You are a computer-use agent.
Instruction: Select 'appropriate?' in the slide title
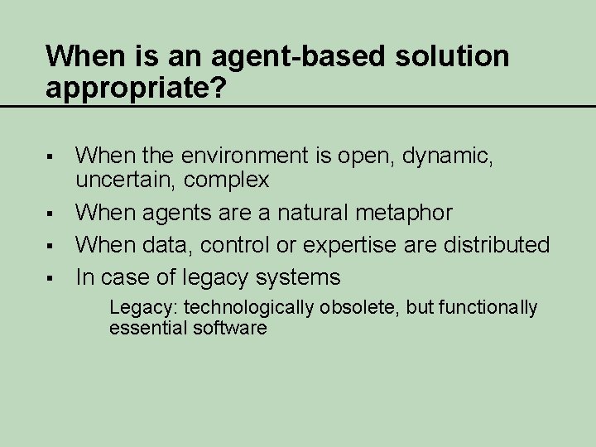(x=135, y=89)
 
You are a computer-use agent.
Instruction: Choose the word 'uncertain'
(x=124, y=179)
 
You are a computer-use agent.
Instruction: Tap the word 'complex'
(x=226, y=179)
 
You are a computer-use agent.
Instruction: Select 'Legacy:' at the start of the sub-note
(x=143, y=308)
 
